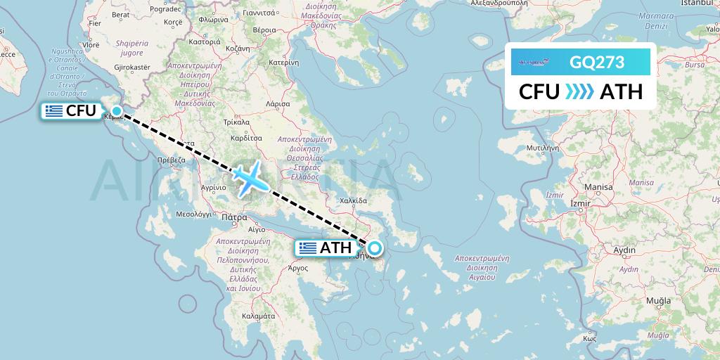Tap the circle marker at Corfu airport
[117, 110]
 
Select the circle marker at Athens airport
[375, 247]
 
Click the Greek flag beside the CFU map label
[53, 110]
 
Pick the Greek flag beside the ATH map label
[307, 247]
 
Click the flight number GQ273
[598, 62]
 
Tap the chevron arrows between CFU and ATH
[579, 91]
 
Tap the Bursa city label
[695, 65]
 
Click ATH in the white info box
[620, 91]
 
